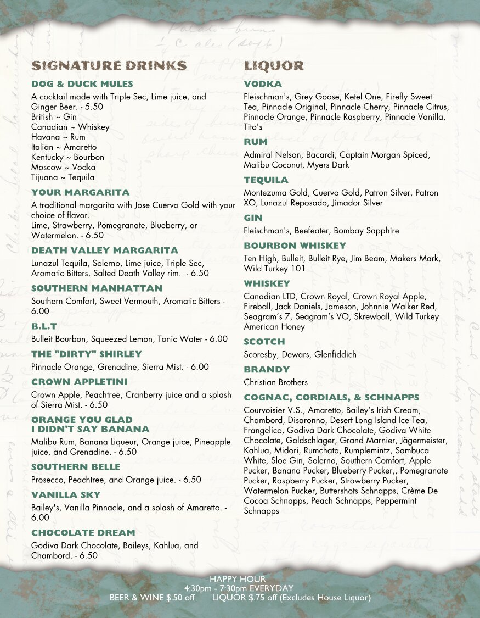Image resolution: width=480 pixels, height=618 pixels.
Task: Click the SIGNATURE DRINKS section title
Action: pos(109,66)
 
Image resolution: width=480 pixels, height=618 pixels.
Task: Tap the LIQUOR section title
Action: pos(274,66)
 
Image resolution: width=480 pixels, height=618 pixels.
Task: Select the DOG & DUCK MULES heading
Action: pos(82,84)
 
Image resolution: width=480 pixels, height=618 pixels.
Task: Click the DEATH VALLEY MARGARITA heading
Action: pos(105,250)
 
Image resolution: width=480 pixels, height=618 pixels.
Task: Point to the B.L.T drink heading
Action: pos(44,326)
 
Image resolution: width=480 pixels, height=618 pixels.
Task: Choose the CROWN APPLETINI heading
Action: pos(80,382)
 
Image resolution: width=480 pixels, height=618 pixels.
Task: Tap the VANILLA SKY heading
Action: pos(66,495)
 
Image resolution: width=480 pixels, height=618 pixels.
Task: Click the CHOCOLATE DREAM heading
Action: pos(83,533)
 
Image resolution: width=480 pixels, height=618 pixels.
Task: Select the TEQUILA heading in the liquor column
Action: pos(266,180)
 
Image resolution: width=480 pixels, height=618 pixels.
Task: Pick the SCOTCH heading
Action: pos(264,342)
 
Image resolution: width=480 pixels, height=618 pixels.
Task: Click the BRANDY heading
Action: pos(267,370)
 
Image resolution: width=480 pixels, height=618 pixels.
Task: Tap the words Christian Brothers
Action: pos(276,382)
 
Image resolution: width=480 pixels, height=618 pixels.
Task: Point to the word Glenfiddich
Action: pos(335,354)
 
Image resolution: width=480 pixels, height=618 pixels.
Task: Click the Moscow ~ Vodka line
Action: pos(63,167)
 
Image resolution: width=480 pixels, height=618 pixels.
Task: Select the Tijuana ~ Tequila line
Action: pos(63,177)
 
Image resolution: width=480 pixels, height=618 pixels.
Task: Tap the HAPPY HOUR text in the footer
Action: pos(238,579)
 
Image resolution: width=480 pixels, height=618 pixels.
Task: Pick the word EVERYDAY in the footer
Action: pos(272,588)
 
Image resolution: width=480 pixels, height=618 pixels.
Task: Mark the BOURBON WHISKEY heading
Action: pos(295,246)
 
